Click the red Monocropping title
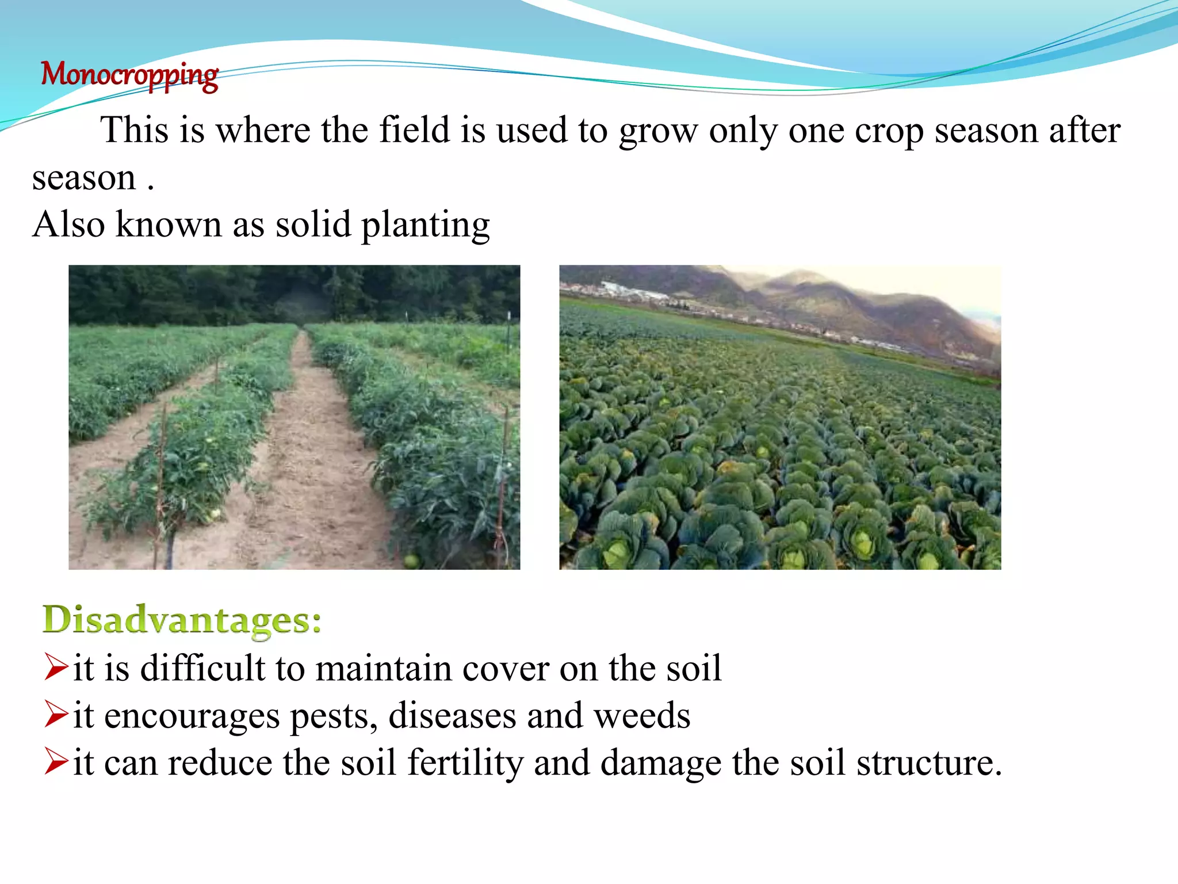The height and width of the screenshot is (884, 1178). [x=129, y=75]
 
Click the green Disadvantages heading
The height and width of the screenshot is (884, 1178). [x=182, y=620]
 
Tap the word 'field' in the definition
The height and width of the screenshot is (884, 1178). [x=414, y=130]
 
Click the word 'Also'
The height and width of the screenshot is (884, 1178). [x=68, y=224]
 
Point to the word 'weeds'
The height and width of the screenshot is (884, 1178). [x=641, y=716]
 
